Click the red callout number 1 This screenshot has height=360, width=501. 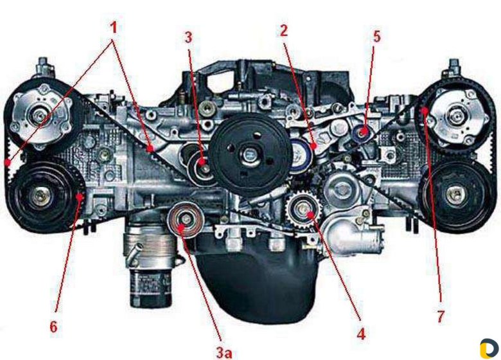(114, 28)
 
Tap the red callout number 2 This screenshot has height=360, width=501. (284, 31)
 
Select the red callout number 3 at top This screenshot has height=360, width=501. (188, 37)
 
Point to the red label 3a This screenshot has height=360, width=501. (224, 353)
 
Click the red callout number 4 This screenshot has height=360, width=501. (361, 334)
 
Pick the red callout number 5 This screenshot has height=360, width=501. (377, 37)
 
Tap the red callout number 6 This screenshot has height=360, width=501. (53, 327)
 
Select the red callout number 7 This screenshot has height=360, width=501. (441, 316)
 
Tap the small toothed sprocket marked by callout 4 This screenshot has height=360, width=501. (302, 209)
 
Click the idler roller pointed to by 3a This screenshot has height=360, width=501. (186, 221)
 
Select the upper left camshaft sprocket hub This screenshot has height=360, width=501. (40, 116)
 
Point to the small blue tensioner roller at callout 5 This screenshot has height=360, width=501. (362, 132)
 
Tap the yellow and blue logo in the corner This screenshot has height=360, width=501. (489, 348)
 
